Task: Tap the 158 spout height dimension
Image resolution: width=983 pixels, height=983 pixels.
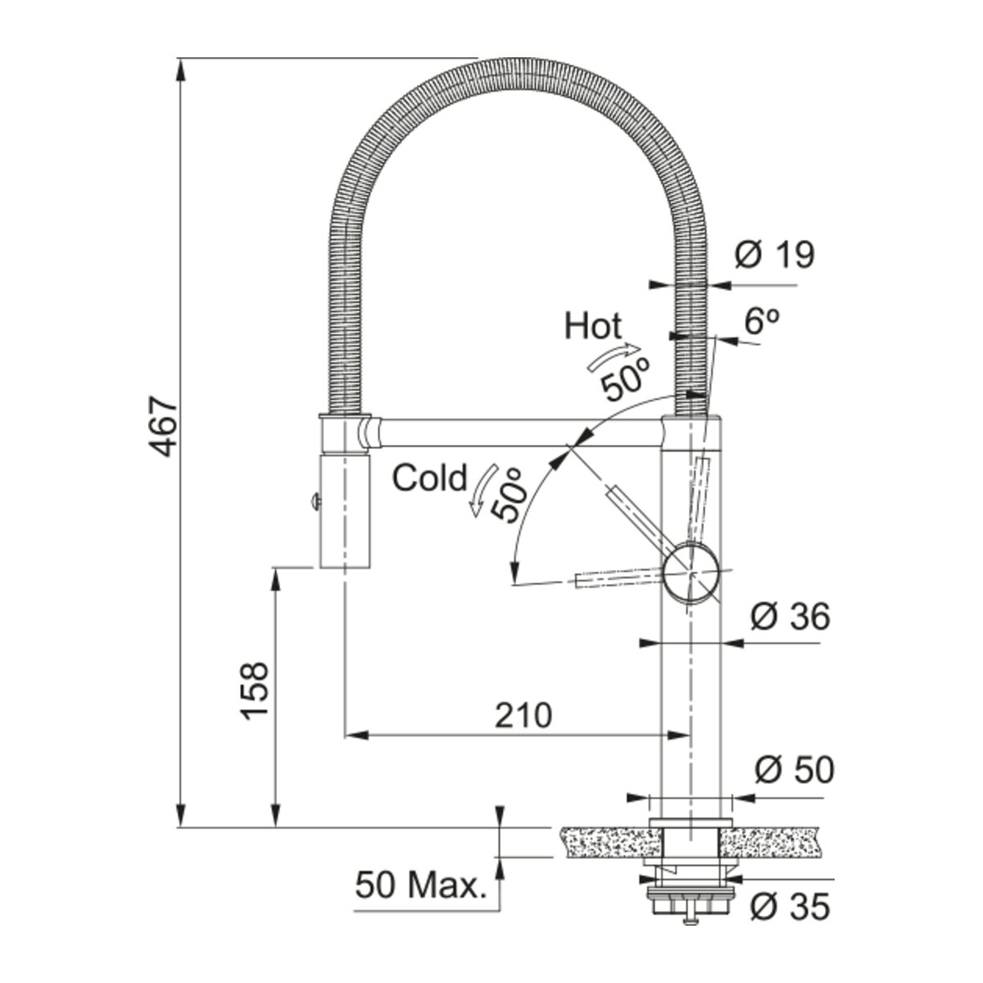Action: tap(254, 691)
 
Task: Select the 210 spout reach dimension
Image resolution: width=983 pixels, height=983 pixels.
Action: tap(523, 715)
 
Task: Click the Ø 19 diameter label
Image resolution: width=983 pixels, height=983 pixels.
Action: tap(774, 255)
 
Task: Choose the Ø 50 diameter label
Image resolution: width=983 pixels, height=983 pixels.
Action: tap(795, 770)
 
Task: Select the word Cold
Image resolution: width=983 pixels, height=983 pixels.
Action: tap(429, 478)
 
